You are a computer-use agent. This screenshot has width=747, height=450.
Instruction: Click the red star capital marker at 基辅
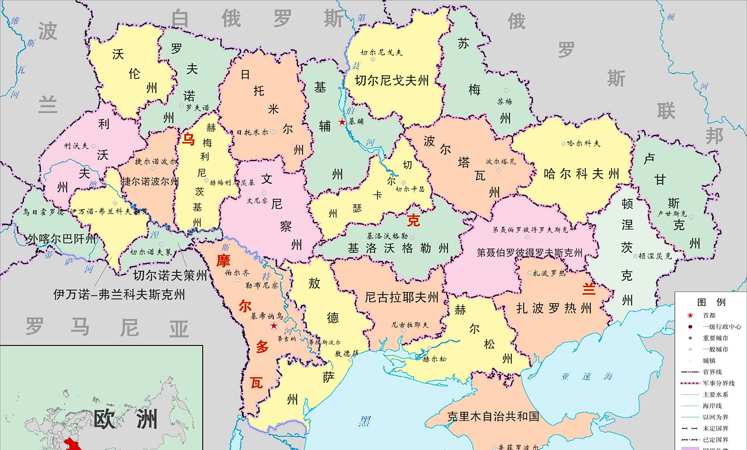tap(342, 122)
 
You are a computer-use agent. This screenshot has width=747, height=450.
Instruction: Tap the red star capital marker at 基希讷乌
tap(274, 326)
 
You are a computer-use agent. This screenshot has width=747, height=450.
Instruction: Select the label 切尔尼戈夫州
tap(391, 80)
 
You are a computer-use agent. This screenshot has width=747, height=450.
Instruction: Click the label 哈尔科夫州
tap(581, 174)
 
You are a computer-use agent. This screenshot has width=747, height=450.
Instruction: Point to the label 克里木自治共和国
tap(493, 416)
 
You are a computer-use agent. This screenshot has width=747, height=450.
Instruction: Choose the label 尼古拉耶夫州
tap(402, 298)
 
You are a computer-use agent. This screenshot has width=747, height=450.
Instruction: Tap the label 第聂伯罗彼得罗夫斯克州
tap(530, 253)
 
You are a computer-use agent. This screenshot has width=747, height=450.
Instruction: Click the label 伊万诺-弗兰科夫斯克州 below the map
tap(119, 295)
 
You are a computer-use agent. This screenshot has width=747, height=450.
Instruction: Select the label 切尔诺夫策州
tap(170, 276)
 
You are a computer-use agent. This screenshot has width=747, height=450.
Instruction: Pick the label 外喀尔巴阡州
tap(62, 239)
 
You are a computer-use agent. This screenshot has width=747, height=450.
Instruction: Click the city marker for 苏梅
tap(506, 91)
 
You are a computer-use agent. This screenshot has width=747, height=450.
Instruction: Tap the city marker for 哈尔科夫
tap(564, 143)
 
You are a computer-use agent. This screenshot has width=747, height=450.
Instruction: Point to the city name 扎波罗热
tap(549, 273)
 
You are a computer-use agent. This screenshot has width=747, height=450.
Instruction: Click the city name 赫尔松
tap(434, 359)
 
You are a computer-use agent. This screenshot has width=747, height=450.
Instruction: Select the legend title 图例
tap(711, 302)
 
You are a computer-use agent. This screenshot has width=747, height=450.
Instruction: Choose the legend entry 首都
tap(709, 316)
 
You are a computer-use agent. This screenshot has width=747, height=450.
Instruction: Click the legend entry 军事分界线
tap(718, 383)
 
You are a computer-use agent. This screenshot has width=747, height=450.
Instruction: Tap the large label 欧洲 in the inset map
tap(125, 419)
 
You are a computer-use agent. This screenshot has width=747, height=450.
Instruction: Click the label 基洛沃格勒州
tap(398, 248)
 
